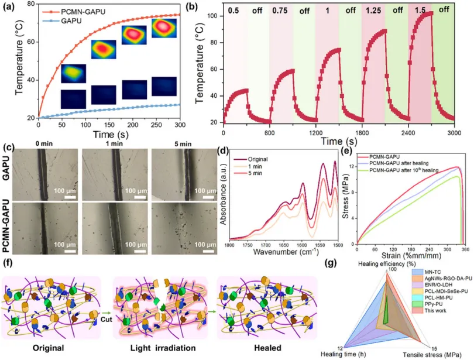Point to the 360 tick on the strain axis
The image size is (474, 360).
click(464, 248)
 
